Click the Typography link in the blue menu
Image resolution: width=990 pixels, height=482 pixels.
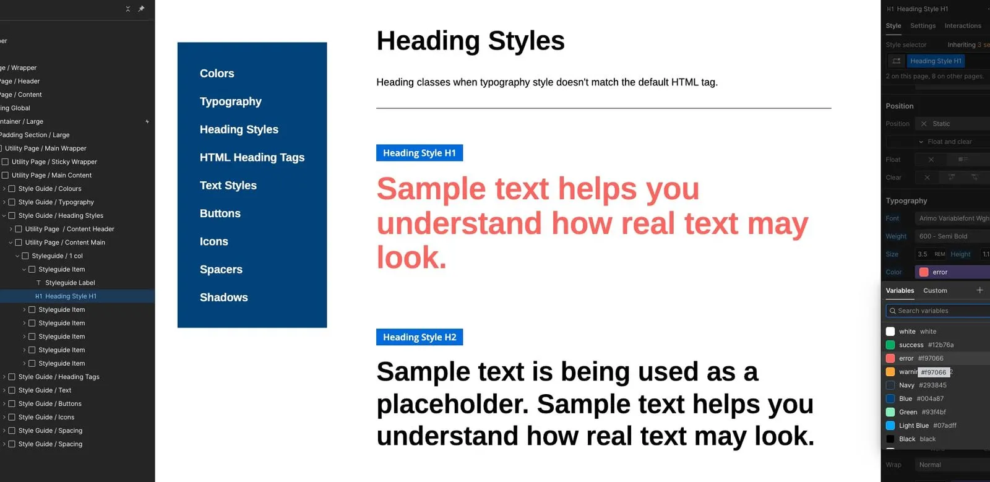[230, 101]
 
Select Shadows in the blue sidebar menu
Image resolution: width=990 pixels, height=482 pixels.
[223, 298]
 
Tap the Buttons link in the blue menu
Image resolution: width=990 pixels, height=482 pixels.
[220, 213]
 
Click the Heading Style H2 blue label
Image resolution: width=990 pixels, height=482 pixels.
[419, 337]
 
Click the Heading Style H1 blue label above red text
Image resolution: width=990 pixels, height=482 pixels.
[419, 153]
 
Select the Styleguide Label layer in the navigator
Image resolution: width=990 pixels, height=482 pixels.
[69, 283]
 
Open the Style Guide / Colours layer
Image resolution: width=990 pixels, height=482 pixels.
[49, 189]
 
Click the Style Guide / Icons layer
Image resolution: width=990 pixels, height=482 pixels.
[46, 417]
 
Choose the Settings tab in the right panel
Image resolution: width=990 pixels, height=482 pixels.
[923, 26]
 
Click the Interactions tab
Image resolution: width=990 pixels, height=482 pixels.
[962, 26]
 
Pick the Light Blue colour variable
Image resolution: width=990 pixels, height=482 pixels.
[913, 426]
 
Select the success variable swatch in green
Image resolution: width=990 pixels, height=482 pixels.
[890, 345]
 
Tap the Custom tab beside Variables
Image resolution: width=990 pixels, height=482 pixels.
[935, 291]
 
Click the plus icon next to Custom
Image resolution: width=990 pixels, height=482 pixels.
[979, 290]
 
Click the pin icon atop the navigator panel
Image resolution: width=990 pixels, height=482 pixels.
[141, 9]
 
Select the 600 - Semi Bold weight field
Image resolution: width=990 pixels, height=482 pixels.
[952, 236]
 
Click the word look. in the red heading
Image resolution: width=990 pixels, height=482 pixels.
[411, 258]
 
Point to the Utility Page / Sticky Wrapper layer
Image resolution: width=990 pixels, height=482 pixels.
[54, 162]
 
